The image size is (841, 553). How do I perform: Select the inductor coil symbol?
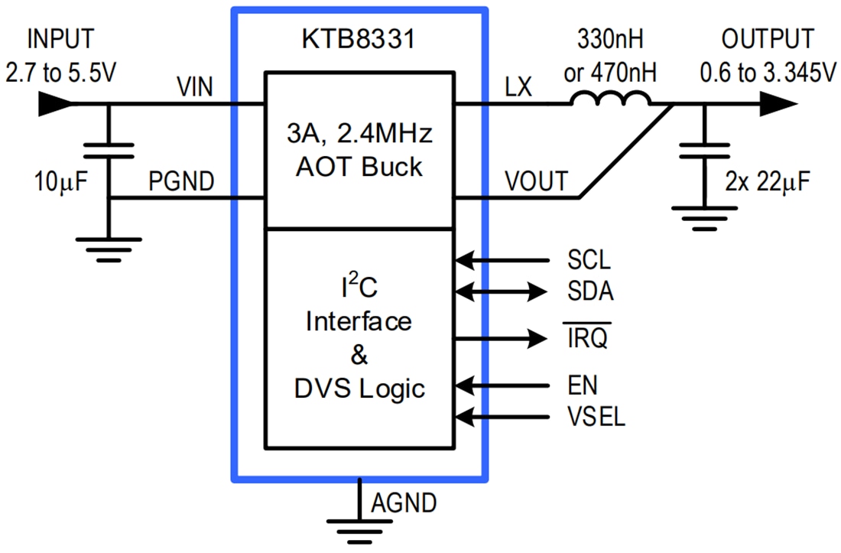click(x=612, y=97)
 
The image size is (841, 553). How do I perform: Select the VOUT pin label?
click(x=536, y=182)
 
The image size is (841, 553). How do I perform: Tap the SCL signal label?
click(x=589, y=261)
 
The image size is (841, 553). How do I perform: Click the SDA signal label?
click(x=589, y=291)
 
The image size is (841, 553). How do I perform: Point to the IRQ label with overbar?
click(x=587, y=337)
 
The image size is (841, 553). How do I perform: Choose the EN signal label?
click(x=583, y=384)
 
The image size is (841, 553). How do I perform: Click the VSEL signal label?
click(x=596, y=417)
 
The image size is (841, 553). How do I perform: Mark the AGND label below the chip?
click(x=404, y=503)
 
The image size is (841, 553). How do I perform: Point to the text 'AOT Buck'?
click(x=359, y=166)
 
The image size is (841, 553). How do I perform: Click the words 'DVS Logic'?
click(x=359, y=389)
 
